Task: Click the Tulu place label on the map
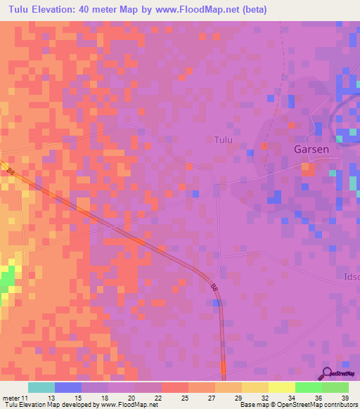point(223,140)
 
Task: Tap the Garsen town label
point(312,150)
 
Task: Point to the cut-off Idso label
point(350,278)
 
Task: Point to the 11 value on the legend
point(25,398)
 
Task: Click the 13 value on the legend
point(52,398)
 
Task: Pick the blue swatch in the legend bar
point(67,387)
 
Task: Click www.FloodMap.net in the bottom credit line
point(131,405)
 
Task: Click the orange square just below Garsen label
point(307,167)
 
